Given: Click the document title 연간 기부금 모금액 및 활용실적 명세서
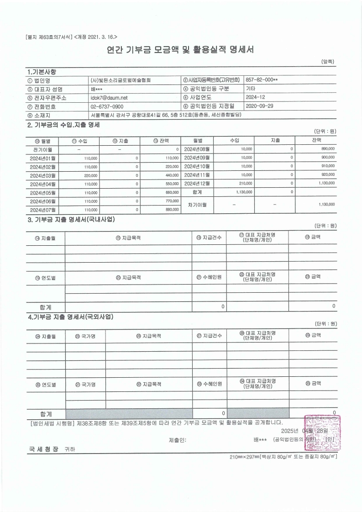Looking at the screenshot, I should click(181, 49).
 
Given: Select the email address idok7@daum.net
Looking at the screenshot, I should click(109, 97).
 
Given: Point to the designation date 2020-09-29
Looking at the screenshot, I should click(259, 106).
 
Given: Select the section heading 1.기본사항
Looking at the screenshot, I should click(42, 71).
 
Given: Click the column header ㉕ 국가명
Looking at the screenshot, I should click(85, 336).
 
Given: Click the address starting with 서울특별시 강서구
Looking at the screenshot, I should click(166, 114).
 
